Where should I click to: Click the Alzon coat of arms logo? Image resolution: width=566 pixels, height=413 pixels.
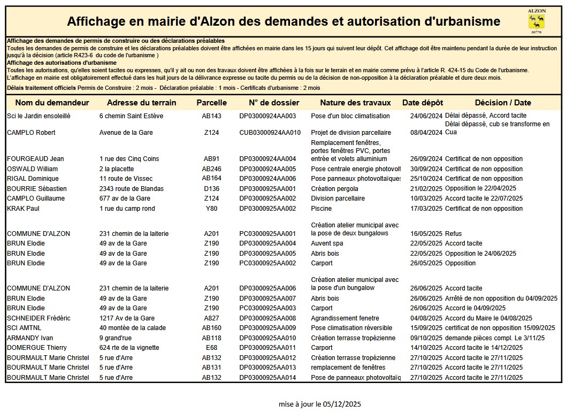536,21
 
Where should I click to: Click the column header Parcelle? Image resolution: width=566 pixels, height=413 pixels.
211,103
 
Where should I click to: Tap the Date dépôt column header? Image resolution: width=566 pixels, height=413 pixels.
423,103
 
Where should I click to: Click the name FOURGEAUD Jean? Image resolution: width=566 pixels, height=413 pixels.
35,159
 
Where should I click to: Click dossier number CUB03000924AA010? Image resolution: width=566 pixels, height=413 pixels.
270,133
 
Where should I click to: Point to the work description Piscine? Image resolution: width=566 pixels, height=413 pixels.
321,209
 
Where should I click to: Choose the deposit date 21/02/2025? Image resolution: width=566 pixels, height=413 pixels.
426,189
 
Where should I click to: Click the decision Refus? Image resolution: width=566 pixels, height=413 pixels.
453,234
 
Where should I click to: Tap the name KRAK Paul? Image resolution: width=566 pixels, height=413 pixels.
23,209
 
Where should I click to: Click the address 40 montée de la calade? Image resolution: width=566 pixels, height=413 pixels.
133,328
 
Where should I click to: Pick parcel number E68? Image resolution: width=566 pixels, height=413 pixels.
211,348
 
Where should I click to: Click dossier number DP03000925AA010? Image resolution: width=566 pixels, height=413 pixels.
267,338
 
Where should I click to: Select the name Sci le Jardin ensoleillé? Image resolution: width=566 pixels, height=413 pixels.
39,116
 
